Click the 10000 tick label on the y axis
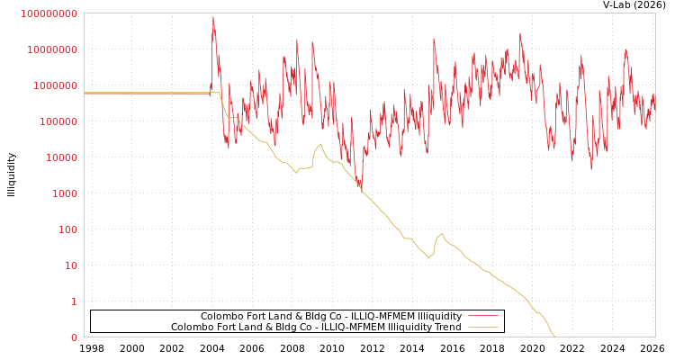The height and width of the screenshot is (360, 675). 59,157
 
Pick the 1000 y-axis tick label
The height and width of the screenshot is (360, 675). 63,193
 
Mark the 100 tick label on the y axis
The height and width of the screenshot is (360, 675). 66,229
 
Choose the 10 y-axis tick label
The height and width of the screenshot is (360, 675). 69,265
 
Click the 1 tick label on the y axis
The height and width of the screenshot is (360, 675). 74,301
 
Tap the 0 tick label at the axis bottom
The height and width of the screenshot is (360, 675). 74,337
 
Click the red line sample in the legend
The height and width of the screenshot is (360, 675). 483,317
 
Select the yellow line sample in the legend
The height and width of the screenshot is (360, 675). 483,328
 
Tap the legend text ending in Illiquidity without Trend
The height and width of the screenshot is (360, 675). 330,317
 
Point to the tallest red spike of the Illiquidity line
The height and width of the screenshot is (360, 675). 213,17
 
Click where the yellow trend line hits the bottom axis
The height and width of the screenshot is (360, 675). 554,337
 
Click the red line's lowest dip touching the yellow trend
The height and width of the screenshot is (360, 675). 361,187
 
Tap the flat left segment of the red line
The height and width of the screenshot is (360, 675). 144,93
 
